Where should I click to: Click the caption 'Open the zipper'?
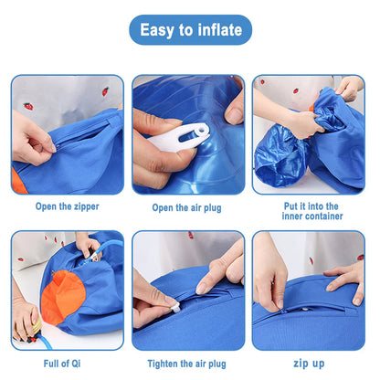(x=67, y=206)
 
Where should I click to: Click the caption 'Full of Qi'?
(x=67, y=363)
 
